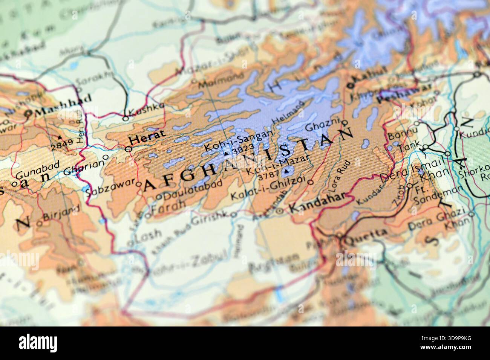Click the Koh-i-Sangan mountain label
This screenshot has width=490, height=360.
[x=237, y=140]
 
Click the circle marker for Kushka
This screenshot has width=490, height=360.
[x=126, y=118]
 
